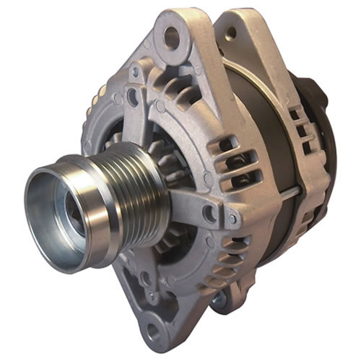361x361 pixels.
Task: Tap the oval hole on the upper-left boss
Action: [x=133, y=95]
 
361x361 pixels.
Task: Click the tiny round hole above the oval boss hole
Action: [x=135, y=72]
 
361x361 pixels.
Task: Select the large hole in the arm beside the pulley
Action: [x=209, y=213]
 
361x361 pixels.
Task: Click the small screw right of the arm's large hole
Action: [x=232, y=217]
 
